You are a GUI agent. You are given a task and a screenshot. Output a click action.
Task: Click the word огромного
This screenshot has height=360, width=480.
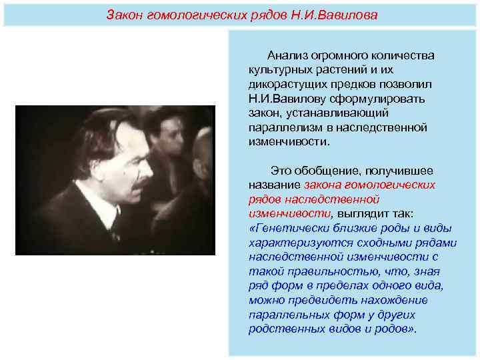337,55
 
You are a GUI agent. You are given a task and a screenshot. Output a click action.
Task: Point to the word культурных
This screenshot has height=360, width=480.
279,69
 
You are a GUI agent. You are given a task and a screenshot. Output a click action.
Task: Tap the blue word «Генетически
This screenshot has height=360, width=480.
289,228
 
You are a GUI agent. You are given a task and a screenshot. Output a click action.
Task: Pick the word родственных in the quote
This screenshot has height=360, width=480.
281,329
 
